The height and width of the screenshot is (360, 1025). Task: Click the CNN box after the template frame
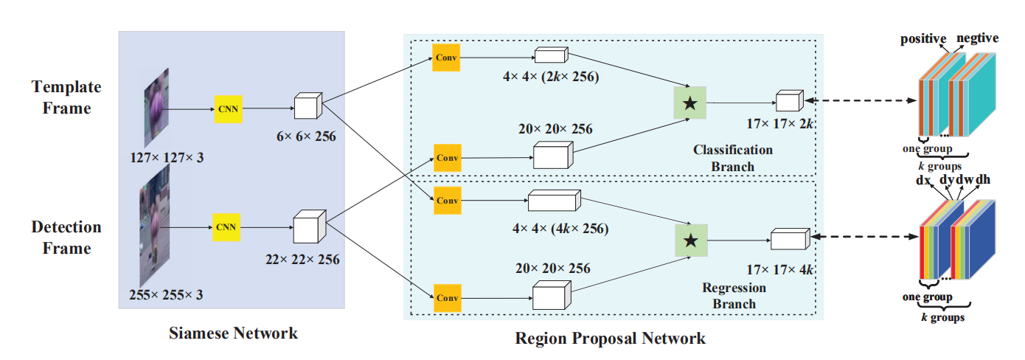(x=229, y=109)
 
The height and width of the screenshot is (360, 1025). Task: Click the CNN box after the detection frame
(x=226, y=227)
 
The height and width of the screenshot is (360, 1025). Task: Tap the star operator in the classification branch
(x=690, y=103)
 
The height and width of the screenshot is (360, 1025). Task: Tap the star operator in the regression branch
(x=692, y=240)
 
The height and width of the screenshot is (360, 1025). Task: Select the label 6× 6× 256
(x=306, y=136)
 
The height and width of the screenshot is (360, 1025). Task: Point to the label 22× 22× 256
(x=302, y=260)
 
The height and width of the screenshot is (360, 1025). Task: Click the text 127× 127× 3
(x=167, y=158)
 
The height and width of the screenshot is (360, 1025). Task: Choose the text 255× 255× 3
(x=166, y=295)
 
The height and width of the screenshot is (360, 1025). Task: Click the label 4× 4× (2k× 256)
(x=551, y=77)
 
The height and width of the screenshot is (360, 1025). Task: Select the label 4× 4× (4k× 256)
(x=560, y=229)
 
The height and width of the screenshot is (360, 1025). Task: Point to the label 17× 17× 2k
(x=780, y=124)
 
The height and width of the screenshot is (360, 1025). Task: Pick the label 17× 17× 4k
(x=780, y=270)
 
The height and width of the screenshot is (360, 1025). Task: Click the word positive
(x=923, y=39)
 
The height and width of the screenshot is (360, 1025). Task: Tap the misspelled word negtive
(x=977, y=38)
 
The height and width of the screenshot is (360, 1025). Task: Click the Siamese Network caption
(x=233, y=333)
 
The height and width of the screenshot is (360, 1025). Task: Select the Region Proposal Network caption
(x=610, y=339)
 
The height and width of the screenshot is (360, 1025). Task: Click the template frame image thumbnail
(x=156, y=108)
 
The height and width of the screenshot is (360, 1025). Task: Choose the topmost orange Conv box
(x=446, y=58)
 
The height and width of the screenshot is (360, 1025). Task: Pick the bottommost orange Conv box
(x=448, y=298)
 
